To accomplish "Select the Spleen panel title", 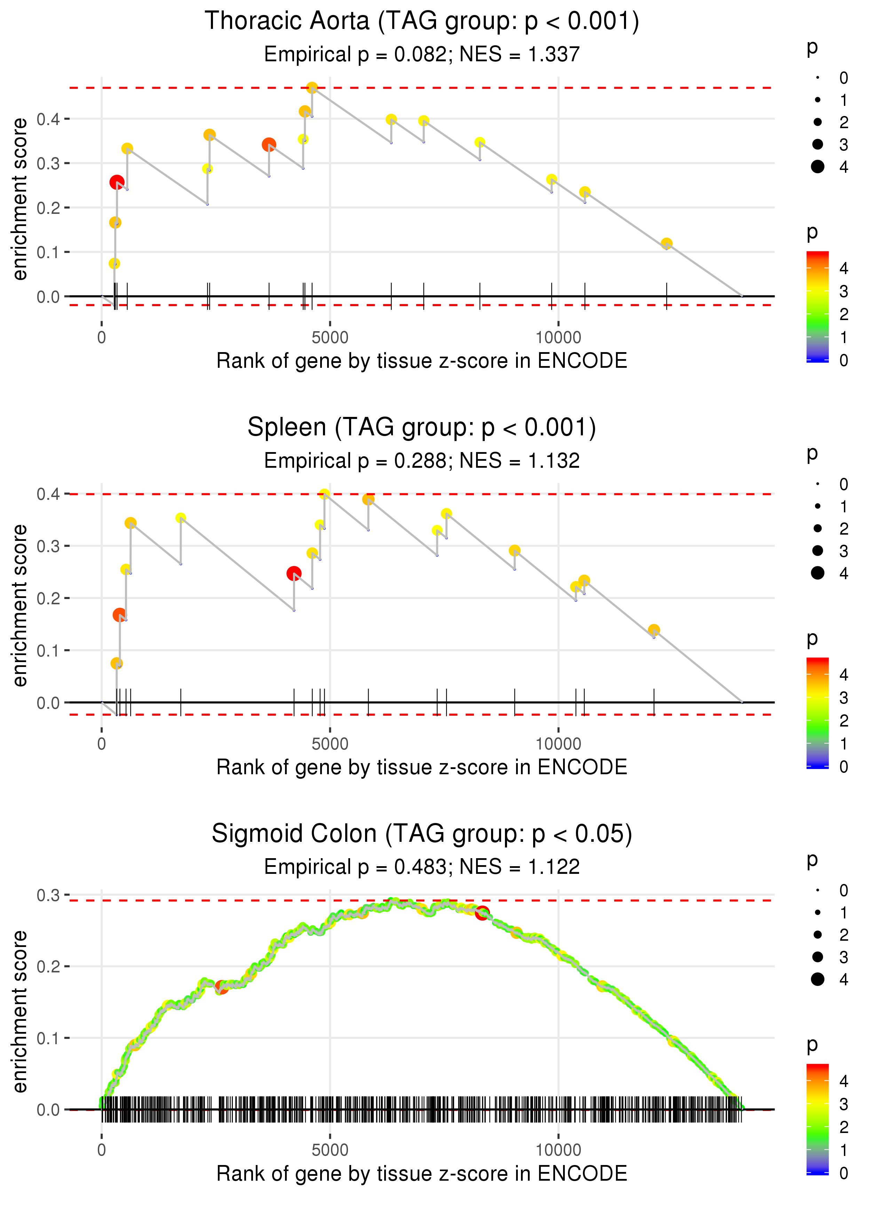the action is point(422,428).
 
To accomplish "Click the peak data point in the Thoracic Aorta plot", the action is point(312,88).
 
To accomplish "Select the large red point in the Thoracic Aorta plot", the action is point(117,182).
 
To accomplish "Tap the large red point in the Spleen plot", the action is point(294,574).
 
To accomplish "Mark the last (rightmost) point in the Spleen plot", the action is point(654,630).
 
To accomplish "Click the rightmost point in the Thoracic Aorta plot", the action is point(666,244).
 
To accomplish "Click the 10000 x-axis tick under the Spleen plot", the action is point(558,744).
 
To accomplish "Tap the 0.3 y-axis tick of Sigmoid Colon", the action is point(48,895).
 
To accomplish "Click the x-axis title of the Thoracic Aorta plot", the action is point(422,361).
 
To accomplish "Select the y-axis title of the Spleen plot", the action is point(20,605).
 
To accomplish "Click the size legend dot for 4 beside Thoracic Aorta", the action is point(817,167).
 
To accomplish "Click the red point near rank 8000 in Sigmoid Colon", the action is point(482,913).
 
